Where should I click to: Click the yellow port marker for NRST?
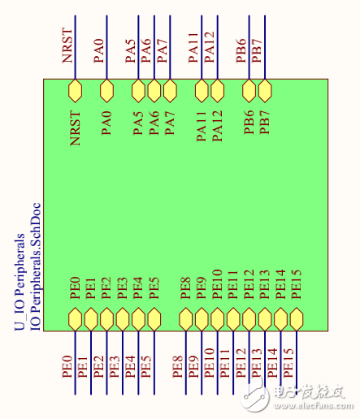click(x=75, y=89)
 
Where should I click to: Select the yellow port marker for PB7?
click(x=265, y=89)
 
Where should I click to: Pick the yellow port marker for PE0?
click(x=75, y=318)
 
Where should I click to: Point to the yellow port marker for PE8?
click(x=186, y=318)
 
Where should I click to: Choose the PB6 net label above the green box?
click(x=241, y=49)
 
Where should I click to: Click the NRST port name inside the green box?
click(x=76, y=128)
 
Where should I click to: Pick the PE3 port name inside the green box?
click(x=122, y=287)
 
